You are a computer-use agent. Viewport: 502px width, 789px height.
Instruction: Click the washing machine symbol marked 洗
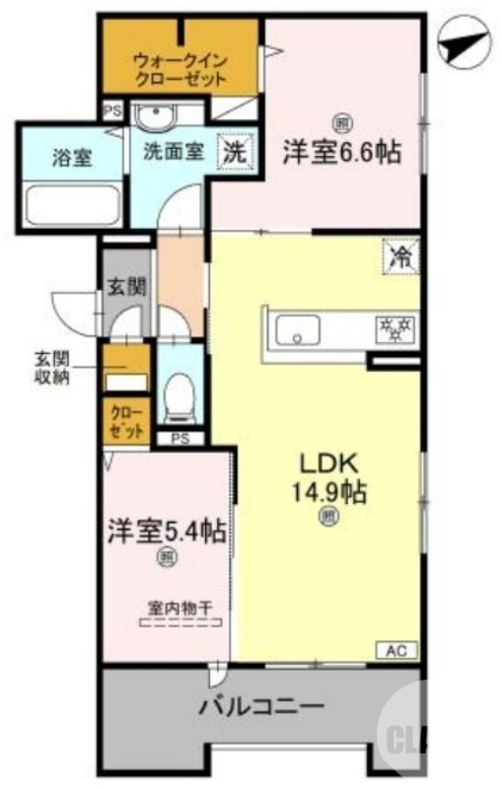234,153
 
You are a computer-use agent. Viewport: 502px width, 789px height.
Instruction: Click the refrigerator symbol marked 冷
400,256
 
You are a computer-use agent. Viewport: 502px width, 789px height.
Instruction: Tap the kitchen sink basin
296,329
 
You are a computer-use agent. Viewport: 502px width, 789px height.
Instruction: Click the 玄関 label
126,287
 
